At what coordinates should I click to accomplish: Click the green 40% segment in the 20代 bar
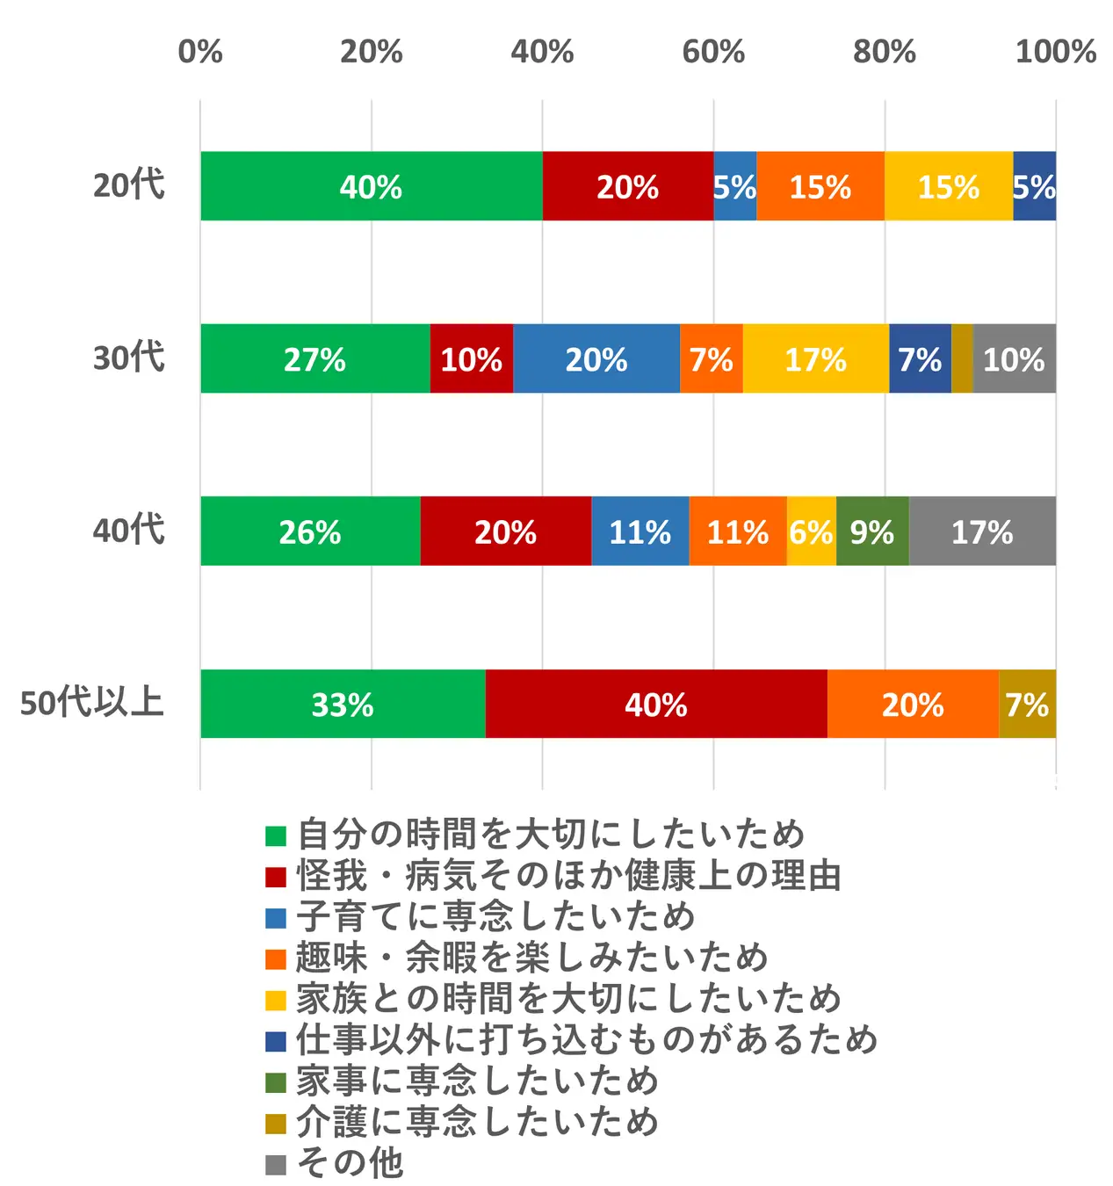pos(371,186)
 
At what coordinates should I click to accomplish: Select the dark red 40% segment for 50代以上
pos(655,705)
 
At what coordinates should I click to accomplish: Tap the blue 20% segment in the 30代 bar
pos(596,358)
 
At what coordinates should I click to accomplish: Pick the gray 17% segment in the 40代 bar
pos(982,532)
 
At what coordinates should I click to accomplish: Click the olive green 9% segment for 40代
pos(872,532)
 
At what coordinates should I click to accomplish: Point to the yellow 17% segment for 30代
pos(815,358)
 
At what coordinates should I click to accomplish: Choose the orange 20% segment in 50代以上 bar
pos(913,705)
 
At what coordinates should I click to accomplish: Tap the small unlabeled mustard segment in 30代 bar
pos(962,358)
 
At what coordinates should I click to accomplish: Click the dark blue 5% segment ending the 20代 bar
pos(1034,186)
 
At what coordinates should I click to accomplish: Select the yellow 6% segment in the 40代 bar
pos(811,532)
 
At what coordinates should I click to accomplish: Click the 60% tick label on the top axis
pos(713,52)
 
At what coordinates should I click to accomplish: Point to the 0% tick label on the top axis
pos(200,52)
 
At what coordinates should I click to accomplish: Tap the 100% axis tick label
pos(1055,52)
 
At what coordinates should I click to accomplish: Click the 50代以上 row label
pos(92,703)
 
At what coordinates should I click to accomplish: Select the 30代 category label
pos(129,358)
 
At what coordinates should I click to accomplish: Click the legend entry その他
pos(351,1163)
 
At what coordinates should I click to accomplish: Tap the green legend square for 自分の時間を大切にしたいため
pos(276,835)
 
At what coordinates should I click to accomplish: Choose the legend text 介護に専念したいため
pos(477,1122)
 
